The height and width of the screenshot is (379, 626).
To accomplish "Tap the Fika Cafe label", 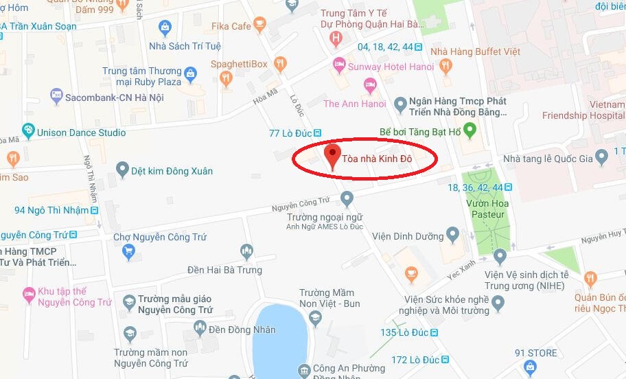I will click(x=231, y=26).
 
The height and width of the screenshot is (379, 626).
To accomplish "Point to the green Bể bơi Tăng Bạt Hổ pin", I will click(x=469, y=129).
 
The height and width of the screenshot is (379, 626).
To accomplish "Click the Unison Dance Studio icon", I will click(x=27, y=132).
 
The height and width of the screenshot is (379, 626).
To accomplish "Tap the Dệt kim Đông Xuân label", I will click(x=172, y=170).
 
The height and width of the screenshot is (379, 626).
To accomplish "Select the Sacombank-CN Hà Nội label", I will click(x=114, y=97).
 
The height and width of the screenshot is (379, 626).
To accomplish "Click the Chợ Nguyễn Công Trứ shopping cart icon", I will click(x=128, y=251).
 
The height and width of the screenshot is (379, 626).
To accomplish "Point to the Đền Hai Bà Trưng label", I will click(x=224, y=270).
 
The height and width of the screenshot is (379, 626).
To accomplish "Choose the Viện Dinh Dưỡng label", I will click(x=408, y=236).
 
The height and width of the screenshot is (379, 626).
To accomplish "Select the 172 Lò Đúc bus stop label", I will click(x=415, y=359).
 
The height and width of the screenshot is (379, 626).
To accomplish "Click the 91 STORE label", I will click(x=536, y=353).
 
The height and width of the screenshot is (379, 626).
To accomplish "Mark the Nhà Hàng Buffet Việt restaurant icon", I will click(x=445, y=66).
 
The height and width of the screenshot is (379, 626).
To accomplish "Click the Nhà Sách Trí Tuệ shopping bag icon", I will click(x=164, y=28).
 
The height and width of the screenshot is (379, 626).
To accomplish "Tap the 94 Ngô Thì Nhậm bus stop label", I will click(x=51, y=210).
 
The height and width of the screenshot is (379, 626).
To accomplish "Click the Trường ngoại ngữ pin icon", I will click(x=347, y=199).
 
